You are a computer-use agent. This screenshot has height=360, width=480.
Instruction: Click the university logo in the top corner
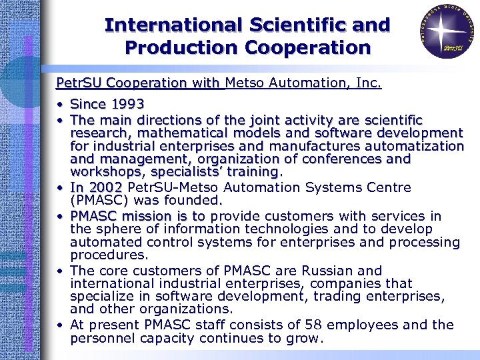point(443,29)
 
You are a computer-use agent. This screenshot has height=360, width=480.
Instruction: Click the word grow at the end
point(305,338)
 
